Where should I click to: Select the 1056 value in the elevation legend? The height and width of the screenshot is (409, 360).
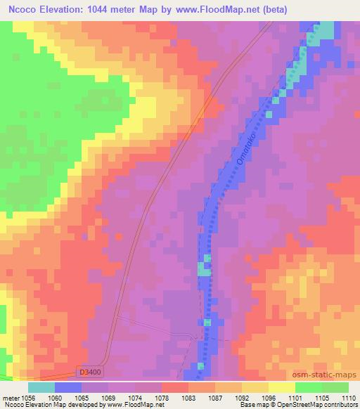click(27, 396)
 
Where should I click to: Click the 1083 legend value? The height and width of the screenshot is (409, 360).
click(188, 396)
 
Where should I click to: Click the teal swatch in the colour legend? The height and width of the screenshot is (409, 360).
click(41, 387)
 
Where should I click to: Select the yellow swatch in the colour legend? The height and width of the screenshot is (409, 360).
click(281, 387)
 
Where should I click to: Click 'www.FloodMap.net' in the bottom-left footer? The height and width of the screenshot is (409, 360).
click(141, 405)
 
